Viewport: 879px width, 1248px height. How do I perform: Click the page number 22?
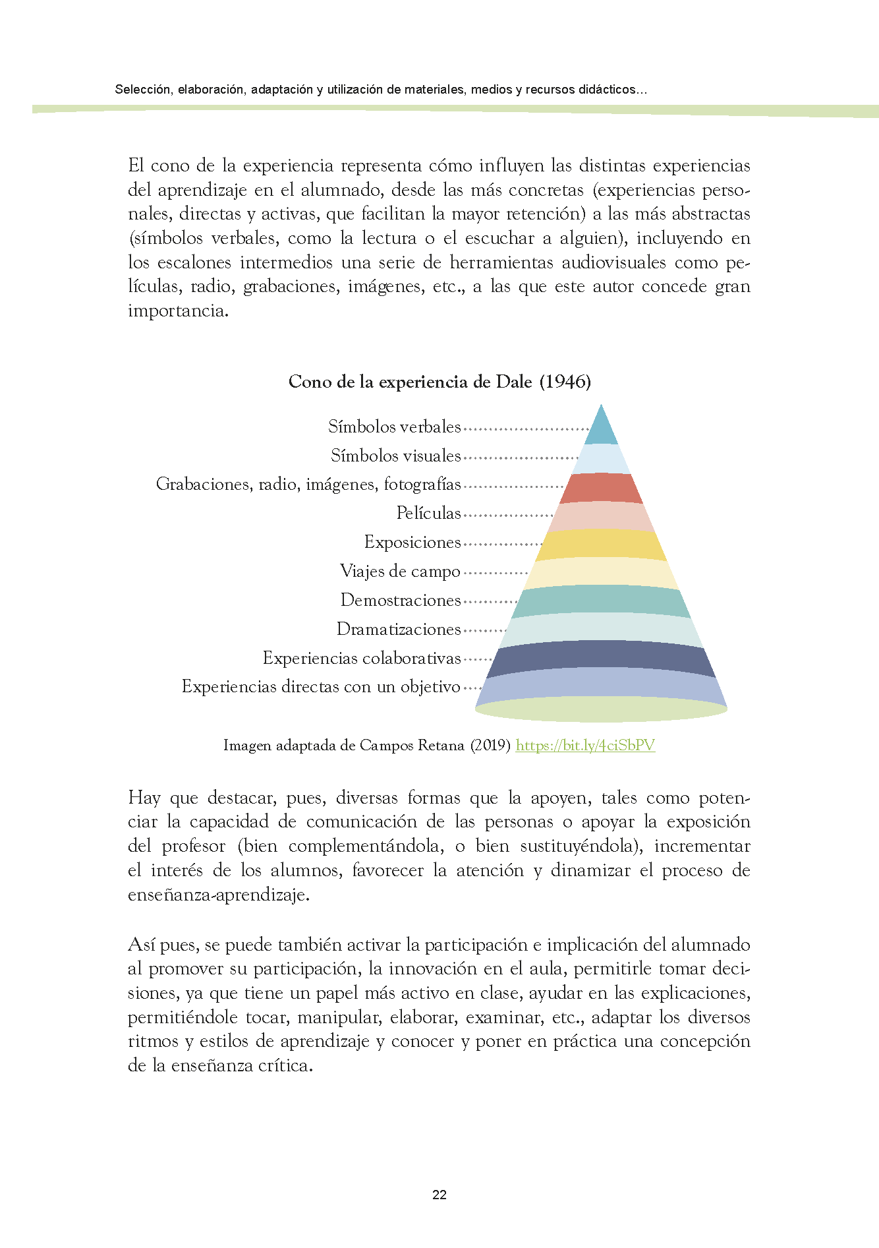(440, 1194)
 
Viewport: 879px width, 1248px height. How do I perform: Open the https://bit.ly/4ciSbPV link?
(585, 745)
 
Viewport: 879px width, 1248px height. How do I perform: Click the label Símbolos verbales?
(394, 427)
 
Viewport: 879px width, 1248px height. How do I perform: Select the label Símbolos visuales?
(395, 456)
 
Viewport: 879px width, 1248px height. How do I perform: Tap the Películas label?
(428, 513)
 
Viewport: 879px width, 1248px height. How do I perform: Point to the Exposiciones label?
(412, 542)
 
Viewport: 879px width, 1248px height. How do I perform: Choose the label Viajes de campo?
(400, 571)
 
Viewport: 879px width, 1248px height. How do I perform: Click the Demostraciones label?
(401, 600)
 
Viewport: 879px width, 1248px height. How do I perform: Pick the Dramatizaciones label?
(399, 629)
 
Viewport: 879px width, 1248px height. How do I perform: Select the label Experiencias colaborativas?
(362, 658)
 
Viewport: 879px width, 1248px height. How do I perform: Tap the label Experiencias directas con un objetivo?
(321, 686)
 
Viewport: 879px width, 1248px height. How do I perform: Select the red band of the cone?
(601, 488)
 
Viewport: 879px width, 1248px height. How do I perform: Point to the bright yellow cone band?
(601, 545)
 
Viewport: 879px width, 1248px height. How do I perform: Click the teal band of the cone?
(601, 599)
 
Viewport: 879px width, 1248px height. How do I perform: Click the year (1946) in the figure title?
(565, 382)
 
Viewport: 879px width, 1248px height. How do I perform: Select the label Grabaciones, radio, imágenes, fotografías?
(308, 484)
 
